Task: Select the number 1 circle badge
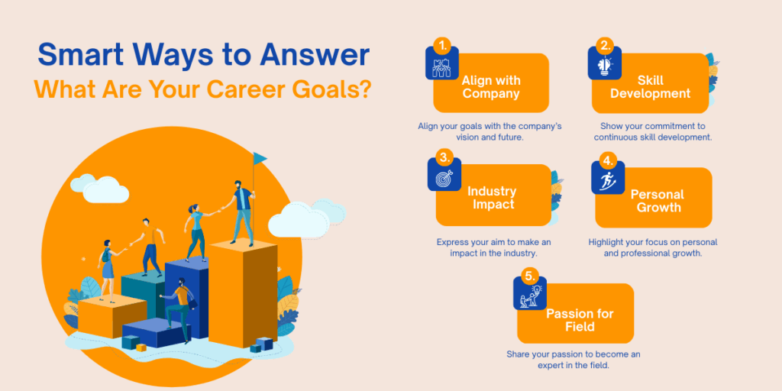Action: [x=442, y=45]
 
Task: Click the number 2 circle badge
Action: [x=606, y=45]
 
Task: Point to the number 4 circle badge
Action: [x=607, y=160]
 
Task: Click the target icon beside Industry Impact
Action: [x=444, y=179]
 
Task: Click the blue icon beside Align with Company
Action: [x=441, y=66]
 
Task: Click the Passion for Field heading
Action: [x=579, y=320]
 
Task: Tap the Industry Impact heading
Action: [x=492, y=198]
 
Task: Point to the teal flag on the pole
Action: [x=260, y=158]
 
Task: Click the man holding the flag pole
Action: [x=243, y=210]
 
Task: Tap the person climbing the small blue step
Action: [x=179, y=302]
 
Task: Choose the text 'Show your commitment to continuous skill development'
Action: [x=653, y=131]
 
